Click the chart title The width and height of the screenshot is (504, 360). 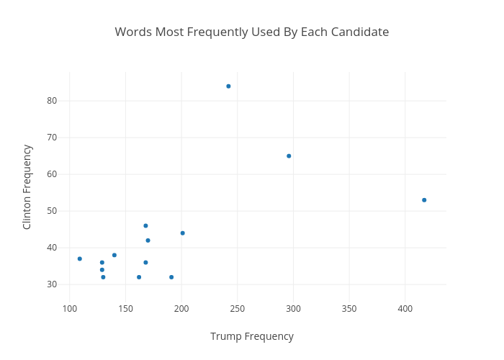point(252,32)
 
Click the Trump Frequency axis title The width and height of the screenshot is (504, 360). point(252,336)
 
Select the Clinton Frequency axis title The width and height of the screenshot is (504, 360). point(27,187)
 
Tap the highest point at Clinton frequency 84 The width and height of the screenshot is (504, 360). point(228,86)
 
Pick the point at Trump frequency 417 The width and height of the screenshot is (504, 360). point(424,200)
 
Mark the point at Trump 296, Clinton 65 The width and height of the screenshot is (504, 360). point(289,156)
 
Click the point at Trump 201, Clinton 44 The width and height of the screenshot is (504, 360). point(183,233)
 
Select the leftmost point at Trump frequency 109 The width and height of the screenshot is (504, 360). point(80,258)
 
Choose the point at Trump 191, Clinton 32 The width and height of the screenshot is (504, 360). point(171,277)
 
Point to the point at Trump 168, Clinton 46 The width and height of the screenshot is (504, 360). point(145,226)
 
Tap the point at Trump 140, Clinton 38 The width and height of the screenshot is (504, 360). point(114,255)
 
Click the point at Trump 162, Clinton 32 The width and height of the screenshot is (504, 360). point(139,277)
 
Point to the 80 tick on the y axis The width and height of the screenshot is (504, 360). point(52,101)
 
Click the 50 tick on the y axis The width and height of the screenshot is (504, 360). point(52,211)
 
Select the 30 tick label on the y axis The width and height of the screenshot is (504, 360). point(52,284)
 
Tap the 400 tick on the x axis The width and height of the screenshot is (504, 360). point(405,309)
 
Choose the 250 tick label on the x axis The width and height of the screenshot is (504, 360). point(237,309)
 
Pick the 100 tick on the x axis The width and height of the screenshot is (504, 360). point(70,309)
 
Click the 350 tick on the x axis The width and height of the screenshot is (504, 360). point(349,309)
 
